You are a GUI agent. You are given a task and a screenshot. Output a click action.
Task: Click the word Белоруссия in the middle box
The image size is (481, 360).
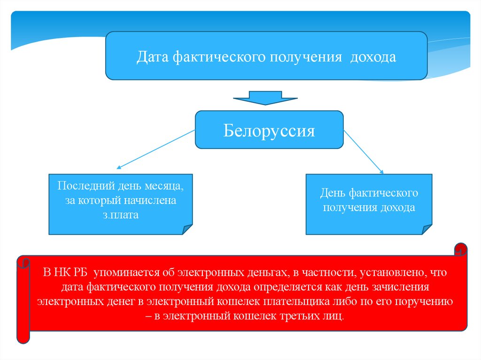pos(269,130)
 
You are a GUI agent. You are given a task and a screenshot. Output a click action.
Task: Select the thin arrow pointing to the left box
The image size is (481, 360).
pos(155,149)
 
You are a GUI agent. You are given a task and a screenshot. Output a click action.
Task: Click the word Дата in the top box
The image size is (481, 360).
pos(153,57)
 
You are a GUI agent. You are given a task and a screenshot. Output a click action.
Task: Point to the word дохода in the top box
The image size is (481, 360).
pos(373,57)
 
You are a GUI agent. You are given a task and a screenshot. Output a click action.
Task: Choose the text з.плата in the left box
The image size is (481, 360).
pos(121,215)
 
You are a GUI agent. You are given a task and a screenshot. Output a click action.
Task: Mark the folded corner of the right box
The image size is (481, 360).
pos(427,229)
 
